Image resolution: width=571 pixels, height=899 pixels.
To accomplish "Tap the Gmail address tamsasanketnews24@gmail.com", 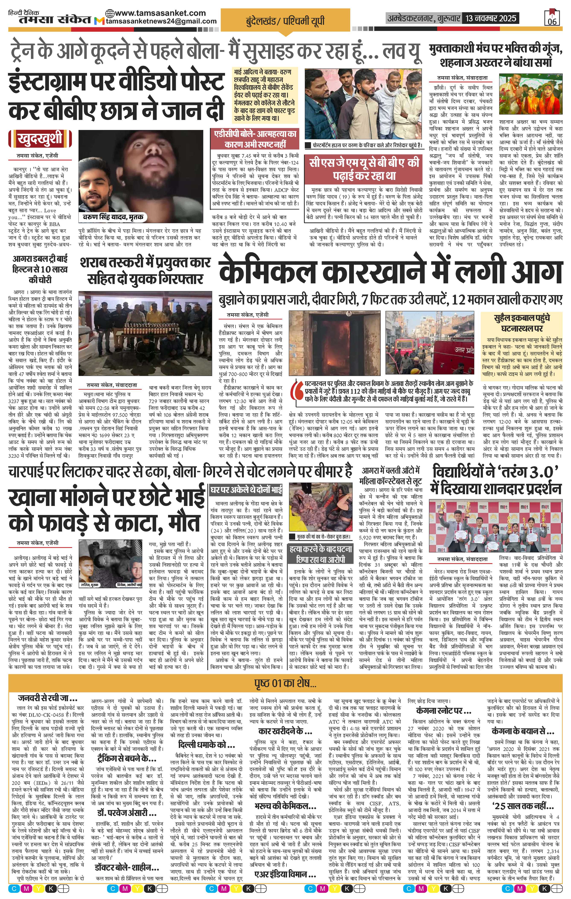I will (161, 22).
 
